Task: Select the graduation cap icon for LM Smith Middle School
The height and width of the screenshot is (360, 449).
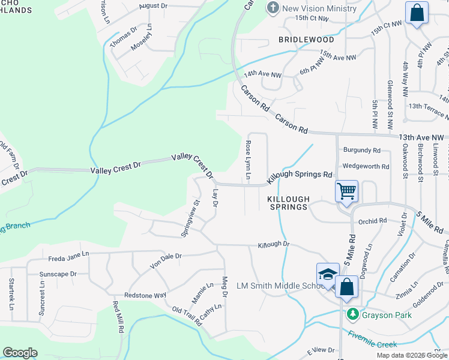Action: click(328, 274)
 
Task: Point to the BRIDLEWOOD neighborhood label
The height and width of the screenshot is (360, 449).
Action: click(306, 40)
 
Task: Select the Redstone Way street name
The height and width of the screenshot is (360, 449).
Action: click(145, 295)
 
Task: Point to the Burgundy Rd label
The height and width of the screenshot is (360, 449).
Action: click(361, 150)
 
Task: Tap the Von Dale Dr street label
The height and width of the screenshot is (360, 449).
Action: click(166, 256)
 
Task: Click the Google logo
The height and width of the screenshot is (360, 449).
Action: click(20, 353)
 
